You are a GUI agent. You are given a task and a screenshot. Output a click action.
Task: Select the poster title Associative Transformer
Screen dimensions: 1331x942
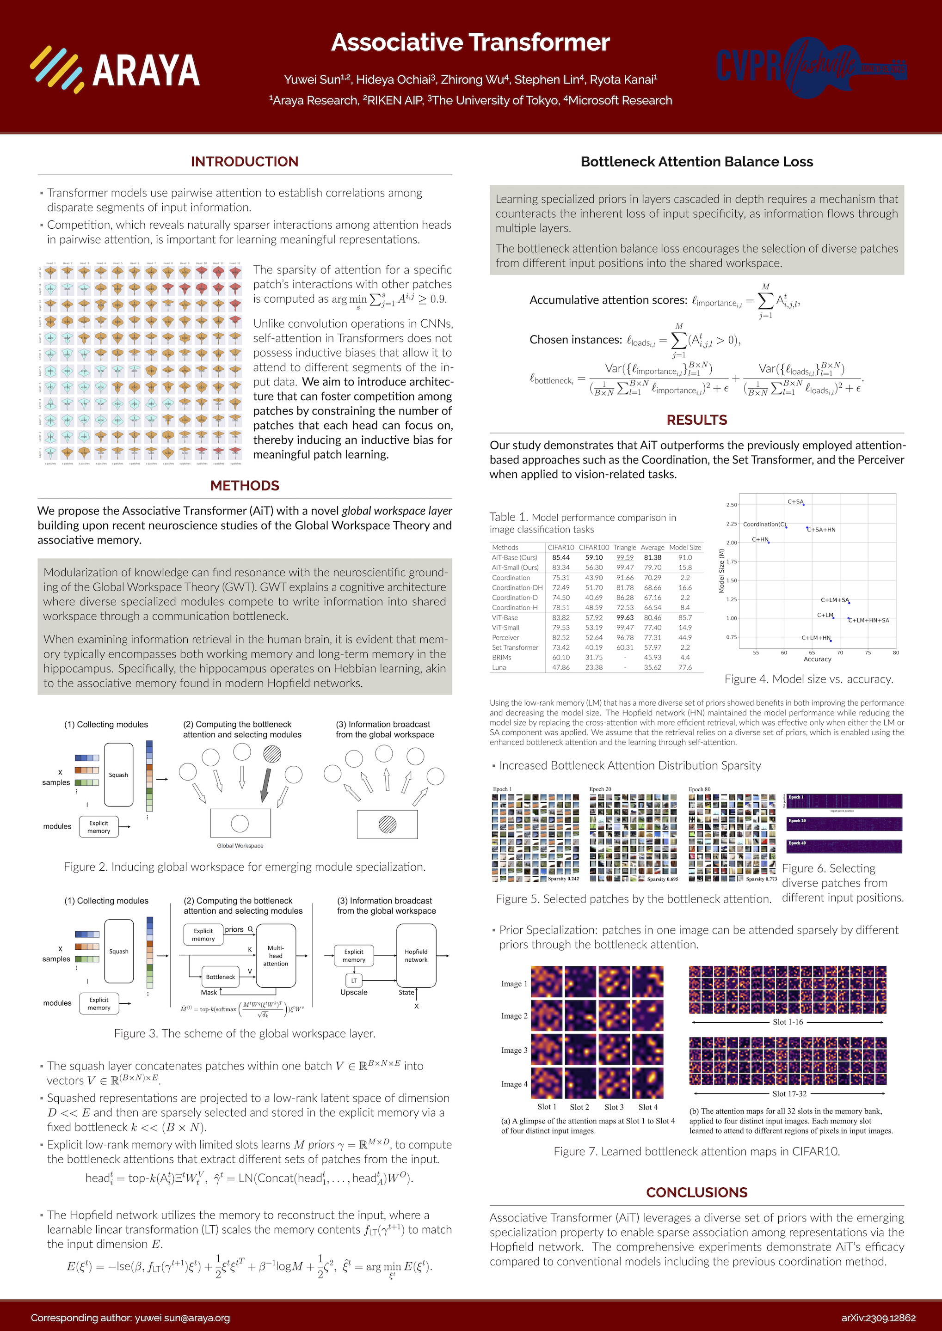(x=470, y=43)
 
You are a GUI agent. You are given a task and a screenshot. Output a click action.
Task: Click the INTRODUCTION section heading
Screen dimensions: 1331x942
(x=244, y=162)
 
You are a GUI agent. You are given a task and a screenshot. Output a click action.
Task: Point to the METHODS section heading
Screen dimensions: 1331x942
(x=244, y=486)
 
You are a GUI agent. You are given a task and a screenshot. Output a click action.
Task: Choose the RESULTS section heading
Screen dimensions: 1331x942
(x=696, y=420)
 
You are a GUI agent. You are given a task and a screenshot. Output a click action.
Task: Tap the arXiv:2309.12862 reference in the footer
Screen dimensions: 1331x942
(x=878, y=1318)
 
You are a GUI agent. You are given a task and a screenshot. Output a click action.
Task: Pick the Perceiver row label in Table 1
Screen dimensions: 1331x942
(x=505, y=638)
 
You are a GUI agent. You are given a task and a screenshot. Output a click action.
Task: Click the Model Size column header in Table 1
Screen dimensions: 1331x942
(x=685, y=547)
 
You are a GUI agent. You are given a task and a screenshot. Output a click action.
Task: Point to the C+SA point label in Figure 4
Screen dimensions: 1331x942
(x=795, y=501)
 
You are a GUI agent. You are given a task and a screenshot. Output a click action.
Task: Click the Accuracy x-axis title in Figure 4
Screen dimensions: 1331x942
(x=817, y=659)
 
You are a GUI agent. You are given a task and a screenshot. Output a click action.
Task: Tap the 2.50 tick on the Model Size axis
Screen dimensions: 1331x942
(x=732, y=505)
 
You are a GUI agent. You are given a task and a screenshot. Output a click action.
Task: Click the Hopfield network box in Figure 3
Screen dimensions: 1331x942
(x=416, y=955)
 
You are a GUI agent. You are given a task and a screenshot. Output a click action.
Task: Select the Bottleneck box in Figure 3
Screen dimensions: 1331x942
(x=221, y=977)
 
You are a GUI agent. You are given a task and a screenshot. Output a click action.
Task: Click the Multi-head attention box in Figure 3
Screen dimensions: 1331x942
(x=276, y=955)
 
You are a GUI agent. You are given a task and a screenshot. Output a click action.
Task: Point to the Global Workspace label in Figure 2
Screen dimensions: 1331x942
(x=240, y=846)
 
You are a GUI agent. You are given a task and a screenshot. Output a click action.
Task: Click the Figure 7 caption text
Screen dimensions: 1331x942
(x=696, y=1151)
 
